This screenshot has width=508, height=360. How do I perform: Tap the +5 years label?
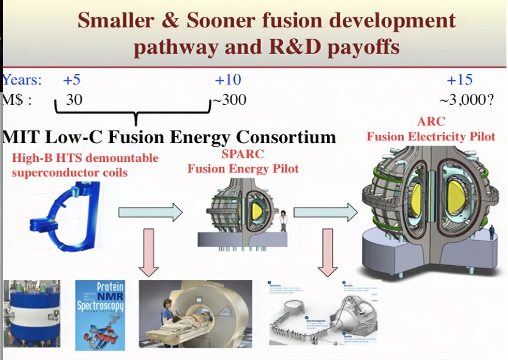tap(72, 80)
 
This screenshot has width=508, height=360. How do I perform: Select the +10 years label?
tap(228, 80)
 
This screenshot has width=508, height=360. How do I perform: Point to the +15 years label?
tap(459, 80)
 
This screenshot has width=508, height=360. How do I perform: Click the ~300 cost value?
tap(230, 100)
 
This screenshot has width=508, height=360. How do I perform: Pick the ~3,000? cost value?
tap(467, 100)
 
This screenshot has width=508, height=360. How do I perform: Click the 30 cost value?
tap(74, 100)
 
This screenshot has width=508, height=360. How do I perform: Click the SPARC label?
tap(243, 155)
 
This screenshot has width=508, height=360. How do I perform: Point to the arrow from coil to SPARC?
tap(150, 213)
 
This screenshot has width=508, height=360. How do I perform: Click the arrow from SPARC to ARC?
tap(325, 213)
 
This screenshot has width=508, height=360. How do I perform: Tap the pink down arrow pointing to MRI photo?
tap(149, 252)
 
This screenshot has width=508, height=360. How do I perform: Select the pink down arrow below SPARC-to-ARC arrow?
tap(328, 252)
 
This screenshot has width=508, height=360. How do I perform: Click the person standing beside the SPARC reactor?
tap(283, 221)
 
